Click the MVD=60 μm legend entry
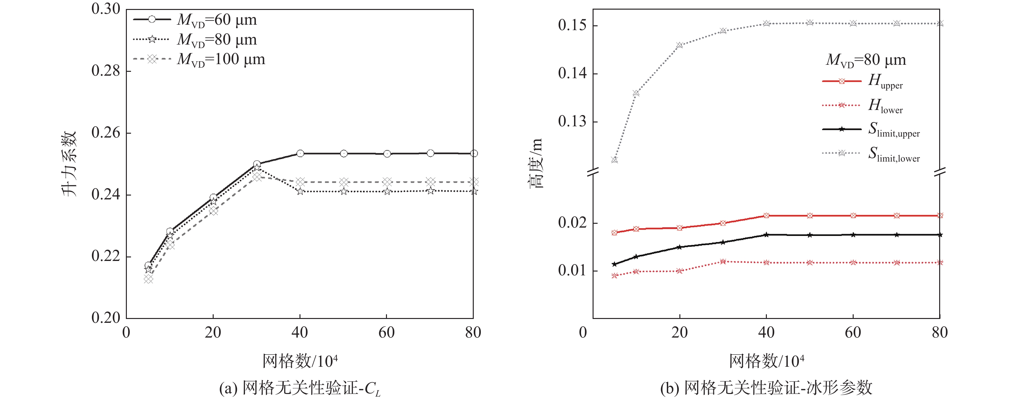pyautogui.click(x=195, y=20)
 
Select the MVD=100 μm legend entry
pyautogui.click(x=199, y=60)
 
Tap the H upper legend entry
pyautogui.click(x=863, y=81)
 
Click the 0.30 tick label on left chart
pyautogui.click(x=106, y=9)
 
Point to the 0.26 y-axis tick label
pyautogui.click(x=106, y=133)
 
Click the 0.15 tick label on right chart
pyautogui.click(x=572, y=26)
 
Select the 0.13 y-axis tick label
pyautogui.click(x=572, y=121)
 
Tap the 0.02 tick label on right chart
pyautogui.click(x=572, y=223)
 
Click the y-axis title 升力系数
pyautogui.click(x=69, y=164)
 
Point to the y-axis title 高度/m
pyautogui.click(x=536, y=163)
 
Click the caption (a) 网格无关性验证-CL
pyautogui.click(x=299, y=388)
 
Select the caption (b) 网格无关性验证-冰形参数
pyautogui.click(x=766, y=388)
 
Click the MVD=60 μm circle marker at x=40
pyautogui.click(x=300, y=153)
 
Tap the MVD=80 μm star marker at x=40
pyautogui.click(x=300, y=191)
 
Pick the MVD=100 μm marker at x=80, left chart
pyautogui.click(x=473, y=182)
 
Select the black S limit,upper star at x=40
pyautogui.click(x=766, y=235)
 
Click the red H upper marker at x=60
pyautogui.click(x=853, y=216)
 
